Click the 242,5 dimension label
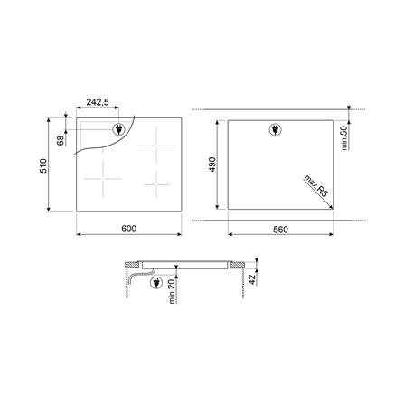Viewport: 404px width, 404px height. [98, 102]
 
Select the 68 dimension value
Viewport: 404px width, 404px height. [61, 140]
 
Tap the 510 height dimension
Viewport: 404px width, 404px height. [43, 165]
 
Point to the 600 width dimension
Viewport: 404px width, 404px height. [129, 229]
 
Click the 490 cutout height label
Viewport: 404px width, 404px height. [212, 164]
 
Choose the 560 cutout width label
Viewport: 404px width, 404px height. [280, 230]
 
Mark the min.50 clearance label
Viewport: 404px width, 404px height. [344, 138]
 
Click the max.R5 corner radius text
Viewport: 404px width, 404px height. [315, 186]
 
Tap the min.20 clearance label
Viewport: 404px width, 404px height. [172, 292]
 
